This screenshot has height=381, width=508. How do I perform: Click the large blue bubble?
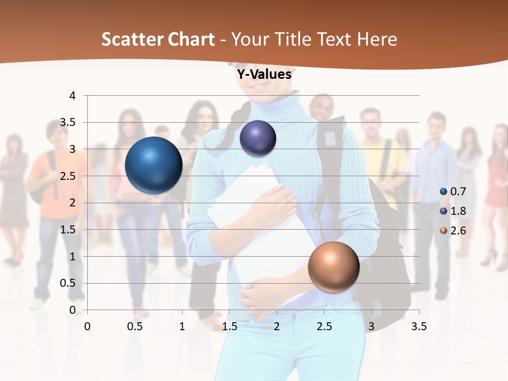coord(153,165)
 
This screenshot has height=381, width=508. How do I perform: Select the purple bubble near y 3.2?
coord(258,138)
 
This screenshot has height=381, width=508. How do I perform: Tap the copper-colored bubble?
coord(333,267)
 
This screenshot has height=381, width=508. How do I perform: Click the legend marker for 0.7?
coord(443,191)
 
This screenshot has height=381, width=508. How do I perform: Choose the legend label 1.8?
coord(458,211)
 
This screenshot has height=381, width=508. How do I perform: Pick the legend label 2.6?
coord(458,231)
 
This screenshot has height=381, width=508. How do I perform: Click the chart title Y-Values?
coord(264,74)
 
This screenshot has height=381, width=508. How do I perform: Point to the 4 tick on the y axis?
coord(72,96)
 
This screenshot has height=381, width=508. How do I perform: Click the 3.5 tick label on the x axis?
coord(419,326)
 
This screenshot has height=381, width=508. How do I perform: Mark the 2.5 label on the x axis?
coord(324,326)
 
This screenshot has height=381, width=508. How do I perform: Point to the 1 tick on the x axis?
coord(182,326)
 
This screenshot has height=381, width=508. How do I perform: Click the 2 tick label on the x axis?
coord(277,326)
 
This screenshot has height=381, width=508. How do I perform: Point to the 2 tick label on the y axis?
coord(72,203)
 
